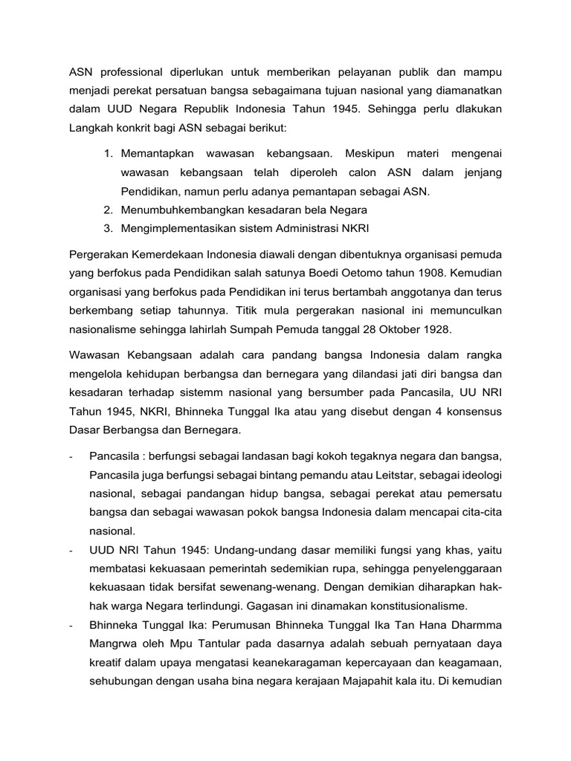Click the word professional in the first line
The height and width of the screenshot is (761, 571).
pyautogui.click(x=129, y=71)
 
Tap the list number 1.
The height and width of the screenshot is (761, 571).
pyautogui.click(x=108, y=153)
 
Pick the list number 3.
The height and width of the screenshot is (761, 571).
pyautogui.click(x=108, y=228)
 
